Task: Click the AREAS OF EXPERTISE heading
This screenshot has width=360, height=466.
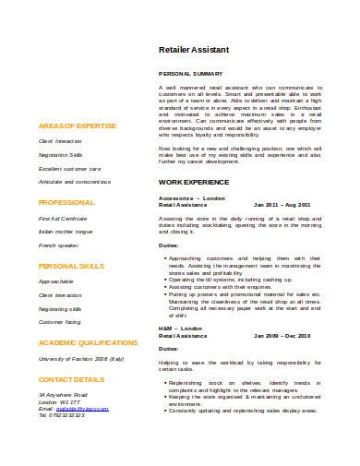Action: coord(78,124)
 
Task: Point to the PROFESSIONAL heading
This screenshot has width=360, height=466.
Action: coord(66,200)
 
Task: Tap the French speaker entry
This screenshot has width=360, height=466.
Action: coord(58,246)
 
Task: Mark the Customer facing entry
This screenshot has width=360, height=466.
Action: coord(60,322)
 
